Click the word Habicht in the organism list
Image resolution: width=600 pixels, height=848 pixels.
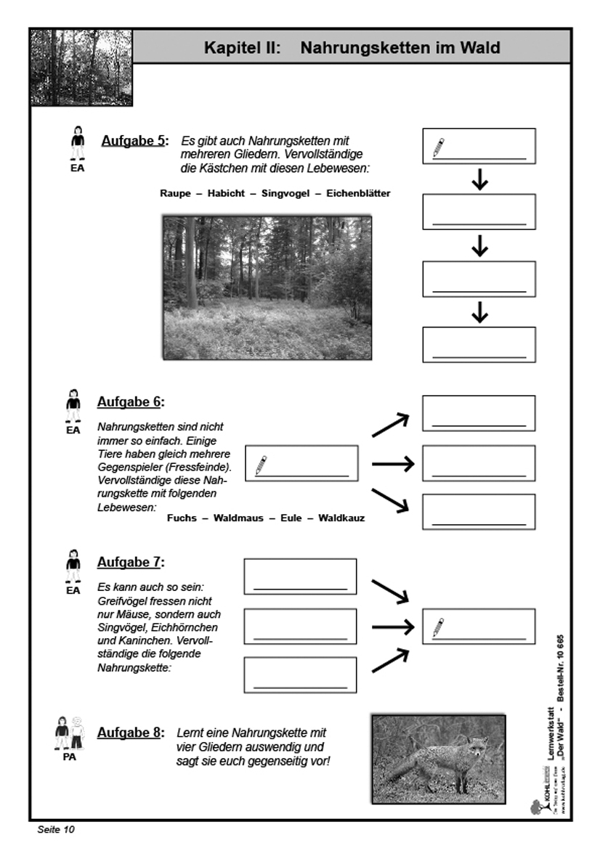(225, 194)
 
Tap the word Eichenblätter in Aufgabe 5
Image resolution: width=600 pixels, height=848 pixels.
(358, 194)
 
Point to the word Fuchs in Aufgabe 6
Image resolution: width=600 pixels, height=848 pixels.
(182, 518)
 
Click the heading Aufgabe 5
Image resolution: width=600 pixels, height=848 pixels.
(134, 141)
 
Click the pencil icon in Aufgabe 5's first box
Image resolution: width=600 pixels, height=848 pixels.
(438, 148)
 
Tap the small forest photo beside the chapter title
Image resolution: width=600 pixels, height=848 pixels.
(81, 68)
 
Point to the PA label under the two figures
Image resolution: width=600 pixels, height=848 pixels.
(70, 757)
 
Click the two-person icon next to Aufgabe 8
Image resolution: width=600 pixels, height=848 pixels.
(70, 733)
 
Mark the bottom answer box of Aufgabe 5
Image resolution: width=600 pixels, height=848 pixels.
(479, 345)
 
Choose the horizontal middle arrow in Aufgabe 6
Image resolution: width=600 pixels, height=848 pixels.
(392, 463)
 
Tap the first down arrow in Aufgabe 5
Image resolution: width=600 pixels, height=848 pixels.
(479, 180)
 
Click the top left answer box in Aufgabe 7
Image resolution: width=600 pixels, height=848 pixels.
(300, 577)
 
